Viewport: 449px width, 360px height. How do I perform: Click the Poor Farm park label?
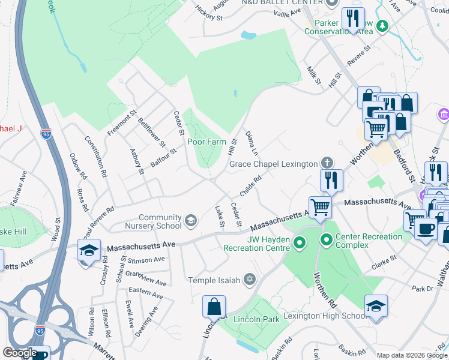point(206,142)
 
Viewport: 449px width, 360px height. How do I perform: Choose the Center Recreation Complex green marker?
point(327,241)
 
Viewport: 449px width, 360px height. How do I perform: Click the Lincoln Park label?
point(256,319)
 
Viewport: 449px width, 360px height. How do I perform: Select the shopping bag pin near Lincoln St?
point(214,307)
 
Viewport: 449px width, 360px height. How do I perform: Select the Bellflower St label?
point(151,132)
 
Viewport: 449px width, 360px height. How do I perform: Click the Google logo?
point(20,353)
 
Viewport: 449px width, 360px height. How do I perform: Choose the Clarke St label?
point(384,260)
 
